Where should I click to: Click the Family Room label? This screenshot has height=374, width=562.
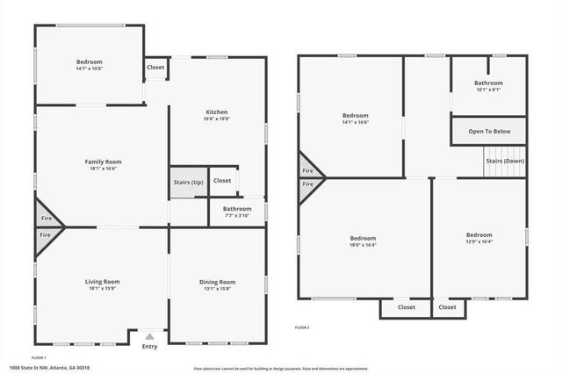click(x=103, y=162)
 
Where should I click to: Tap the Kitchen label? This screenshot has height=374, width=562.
click(x=217, y=112)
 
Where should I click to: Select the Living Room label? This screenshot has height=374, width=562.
click(x=103, y=281)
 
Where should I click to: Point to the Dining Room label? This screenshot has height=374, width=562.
click(x=217, y=281)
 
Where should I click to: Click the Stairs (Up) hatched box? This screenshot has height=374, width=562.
click(x=188, y=182)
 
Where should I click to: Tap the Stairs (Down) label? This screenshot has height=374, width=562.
click(x=505, y=161)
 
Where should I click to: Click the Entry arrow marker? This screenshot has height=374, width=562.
click(x=150, y=336)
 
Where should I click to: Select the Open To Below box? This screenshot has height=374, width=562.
click(x=489, y=132)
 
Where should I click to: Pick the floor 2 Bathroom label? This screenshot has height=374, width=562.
click(x=488, y=83)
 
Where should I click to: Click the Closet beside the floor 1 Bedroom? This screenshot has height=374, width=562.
click(x=155, y=68)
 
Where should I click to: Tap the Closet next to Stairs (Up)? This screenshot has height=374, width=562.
click(x=222, y=181)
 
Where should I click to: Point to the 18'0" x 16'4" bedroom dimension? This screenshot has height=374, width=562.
click(x=363, y=245)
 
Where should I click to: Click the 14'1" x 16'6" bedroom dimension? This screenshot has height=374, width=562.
click(x=355, y=122)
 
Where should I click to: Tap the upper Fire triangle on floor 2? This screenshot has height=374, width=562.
click(x=307, y=170)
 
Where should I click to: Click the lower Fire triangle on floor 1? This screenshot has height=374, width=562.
click(x=44, y=235)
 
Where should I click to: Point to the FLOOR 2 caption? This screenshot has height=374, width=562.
click(x=301, y=327)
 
